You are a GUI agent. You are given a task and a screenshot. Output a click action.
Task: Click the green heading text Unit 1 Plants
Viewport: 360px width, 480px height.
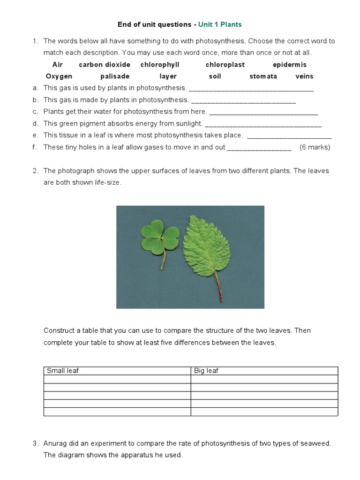click(220, 24)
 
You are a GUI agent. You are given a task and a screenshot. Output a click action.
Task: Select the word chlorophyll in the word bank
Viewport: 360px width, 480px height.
click(160, 65)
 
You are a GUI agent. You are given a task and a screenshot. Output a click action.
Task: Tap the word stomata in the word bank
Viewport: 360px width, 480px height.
click(263, 76)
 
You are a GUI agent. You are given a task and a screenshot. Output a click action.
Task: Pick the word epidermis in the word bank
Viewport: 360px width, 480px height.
click(289, 65)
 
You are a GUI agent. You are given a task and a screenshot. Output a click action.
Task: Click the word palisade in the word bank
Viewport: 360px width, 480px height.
click(115, 76)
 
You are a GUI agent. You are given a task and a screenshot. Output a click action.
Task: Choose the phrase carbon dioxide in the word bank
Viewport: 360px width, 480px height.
click(105, 65)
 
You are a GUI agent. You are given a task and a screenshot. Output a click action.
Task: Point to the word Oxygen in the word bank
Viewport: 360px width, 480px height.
click(59, 76)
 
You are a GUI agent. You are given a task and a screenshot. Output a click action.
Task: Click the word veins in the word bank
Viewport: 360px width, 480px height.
click(304, 76)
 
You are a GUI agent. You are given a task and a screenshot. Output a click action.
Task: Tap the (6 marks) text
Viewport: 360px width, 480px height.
click(315, 147)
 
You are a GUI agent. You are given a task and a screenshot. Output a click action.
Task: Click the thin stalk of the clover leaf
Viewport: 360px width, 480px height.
click(164, 260)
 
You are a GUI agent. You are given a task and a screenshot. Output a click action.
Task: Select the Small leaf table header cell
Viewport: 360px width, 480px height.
click(117, 371)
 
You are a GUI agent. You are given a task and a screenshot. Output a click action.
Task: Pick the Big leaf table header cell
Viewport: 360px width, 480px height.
click(264, 371)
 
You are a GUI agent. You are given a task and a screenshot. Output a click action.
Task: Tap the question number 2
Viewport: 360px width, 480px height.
click(35, 171)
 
